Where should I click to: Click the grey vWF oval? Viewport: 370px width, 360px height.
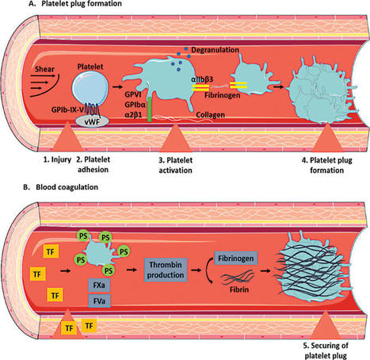click(x=92, y=121)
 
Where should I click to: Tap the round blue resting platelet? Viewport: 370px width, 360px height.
click(x=90, y=90)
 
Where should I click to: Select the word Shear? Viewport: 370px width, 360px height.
click(x=44, y=69)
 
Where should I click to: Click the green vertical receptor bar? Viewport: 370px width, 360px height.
click(x=150, y=109)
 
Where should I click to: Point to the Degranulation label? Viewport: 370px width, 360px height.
click(x=215, y=50)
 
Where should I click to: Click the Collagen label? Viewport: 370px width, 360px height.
click(x=211, y=115)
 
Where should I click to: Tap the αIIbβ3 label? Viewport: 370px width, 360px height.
click(x=202, y=79)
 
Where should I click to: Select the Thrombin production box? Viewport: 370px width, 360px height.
click(x=166, y=270)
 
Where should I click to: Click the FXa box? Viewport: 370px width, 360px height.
click(x=99, y=285)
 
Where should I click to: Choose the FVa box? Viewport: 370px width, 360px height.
click(x=99, y=301)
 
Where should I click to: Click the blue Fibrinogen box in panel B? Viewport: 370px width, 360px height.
click(x=236, y=259)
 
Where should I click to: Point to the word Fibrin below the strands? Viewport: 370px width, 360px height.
click(x=239, y=289)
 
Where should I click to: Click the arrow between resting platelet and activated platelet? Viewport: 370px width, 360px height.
click(x=117, y=86)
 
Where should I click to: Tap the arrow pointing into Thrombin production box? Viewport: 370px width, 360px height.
click(x=132, y=270)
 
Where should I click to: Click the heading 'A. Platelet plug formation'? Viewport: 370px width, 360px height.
click(x=75, y=4)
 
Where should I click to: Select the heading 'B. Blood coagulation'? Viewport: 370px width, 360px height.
click(x=61, y=187)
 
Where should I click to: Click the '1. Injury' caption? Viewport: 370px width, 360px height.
click(x=57, y=159)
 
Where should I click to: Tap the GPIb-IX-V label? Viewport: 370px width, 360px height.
click(x=67, y=109)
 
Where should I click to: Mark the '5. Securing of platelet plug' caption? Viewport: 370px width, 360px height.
click(x=326, y=350)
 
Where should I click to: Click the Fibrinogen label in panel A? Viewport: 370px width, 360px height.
click(x=223, y=95)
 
